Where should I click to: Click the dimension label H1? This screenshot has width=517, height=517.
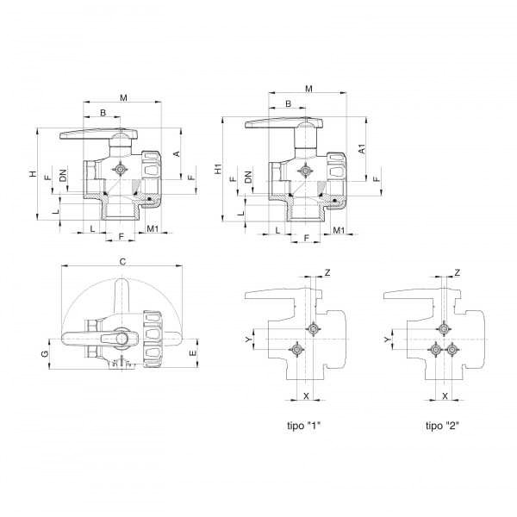(x=218, y=169)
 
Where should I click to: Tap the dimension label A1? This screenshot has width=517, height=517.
(x=362, y=149)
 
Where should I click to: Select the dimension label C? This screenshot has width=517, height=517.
(x=122, y=262)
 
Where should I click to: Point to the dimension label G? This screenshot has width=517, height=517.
(x=45, y=353)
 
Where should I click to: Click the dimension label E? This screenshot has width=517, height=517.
(x=193, y=353)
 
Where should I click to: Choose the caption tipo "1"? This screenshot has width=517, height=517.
(x=303, y=426)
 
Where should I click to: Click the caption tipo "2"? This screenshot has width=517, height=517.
(x=443, y=426)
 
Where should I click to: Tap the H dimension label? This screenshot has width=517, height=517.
(x=33, y=173)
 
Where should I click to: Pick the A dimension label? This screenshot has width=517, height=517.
(x=177, y=153)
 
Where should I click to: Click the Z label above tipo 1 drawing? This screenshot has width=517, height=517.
(x=327, y=272)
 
